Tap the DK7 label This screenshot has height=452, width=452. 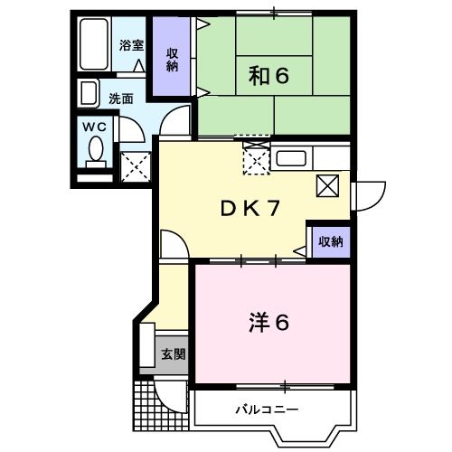(x=249, y=208)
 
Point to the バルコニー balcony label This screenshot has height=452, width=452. (x=268, y=409)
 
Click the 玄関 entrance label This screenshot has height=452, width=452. (x=173, y=353)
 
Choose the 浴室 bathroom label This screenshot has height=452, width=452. (x=132, y=45)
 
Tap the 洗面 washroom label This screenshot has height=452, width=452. (x=120, y=98)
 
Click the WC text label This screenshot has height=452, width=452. (x=95, y=127)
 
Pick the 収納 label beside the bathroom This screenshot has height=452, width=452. (x=171, y=58)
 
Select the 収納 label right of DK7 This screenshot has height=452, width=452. (x=330, y=241)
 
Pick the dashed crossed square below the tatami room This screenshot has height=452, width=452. (x=256, y=160)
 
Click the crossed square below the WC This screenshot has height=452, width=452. (x=137, y=165)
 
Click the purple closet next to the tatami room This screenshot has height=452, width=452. (x=171, y=58)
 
